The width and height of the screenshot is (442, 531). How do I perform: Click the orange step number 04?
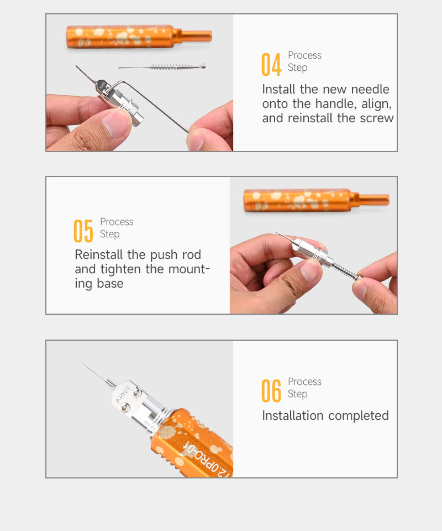click(x=271, y=64)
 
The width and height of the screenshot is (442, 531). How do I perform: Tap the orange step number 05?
click(x=83, y=231)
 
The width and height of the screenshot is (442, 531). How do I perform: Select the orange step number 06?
click(x=271, y=391)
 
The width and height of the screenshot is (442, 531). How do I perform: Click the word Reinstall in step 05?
click(x=99, y=254)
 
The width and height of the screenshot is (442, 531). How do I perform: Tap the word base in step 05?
click(x=110, y=283)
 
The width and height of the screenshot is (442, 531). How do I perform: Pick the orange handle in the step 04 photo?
click(x=139, y=37)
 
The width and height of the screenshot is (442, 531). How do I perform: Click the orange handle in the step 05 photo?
click(x=316, y=200)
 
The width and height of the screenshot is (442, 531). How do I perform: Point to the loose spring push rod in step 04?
click(x=162, y=67)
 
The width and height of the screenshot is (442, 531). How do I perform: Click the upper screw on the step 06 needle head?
click(x=136, y=393)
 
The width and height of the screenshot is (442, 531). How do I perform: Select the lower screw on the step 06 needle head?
click(x=125, y=408)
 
